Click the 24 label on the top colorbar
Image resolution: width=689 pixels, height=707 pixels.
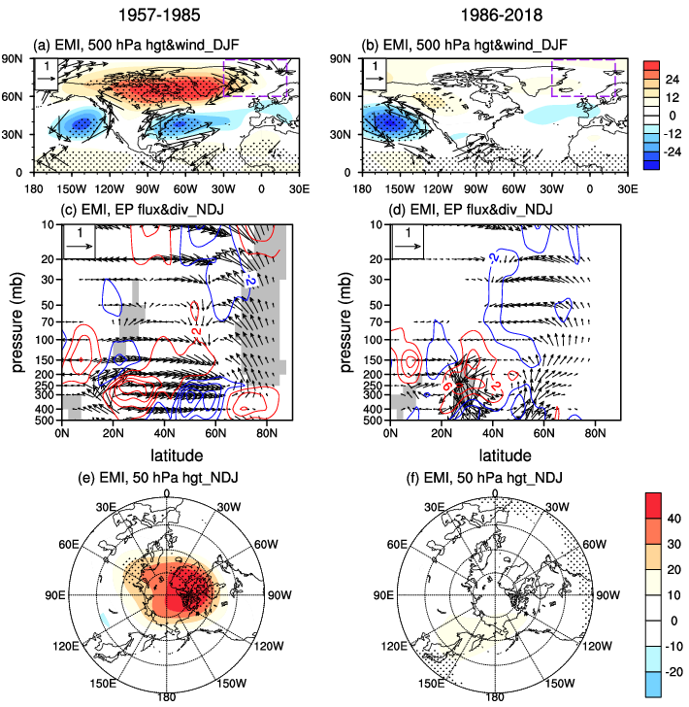[673, 80]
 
